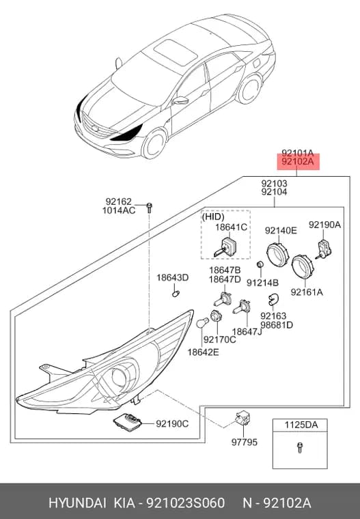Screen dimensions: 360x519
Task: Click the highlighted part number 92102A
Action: pos(297,162)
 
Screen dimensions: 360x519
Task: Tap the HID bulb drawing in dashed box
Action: pos(225,247)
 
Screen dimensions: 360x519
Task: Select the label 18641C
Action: pos(231,227)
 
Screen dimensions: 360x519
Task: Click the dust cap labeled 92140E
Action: pos(278,255)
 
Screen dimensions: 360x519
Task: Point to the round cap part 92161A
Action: pos(302,268)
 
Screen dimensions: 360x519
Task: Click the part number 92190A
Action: pos(324,225)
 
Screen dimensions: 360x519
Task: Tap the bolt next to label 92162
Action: pos(149,208)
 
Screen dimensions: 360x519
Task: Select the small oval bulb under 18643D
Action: pos(176,293)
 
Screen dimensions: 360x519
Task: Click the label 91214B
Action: pos(262,283)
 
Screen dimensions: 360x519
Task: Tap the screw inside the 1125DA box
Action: pos(300,447)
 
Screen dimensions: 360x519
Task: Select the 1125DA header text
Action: pos(301,425)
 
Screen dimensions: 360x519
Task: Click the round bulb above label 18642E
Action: pos(202,322)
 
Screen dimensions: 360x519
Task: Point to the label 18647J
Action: pos(247,331)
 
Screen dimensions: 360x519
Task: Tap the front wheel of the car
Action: pos(154,145)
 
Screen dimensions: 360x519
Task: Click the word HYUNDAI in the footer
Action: pos(77,503)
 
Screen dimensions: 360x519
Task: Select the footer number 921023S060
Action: pos(186,503)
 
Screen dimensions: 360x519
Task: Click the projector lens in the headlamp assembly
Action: pos(120,377)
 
